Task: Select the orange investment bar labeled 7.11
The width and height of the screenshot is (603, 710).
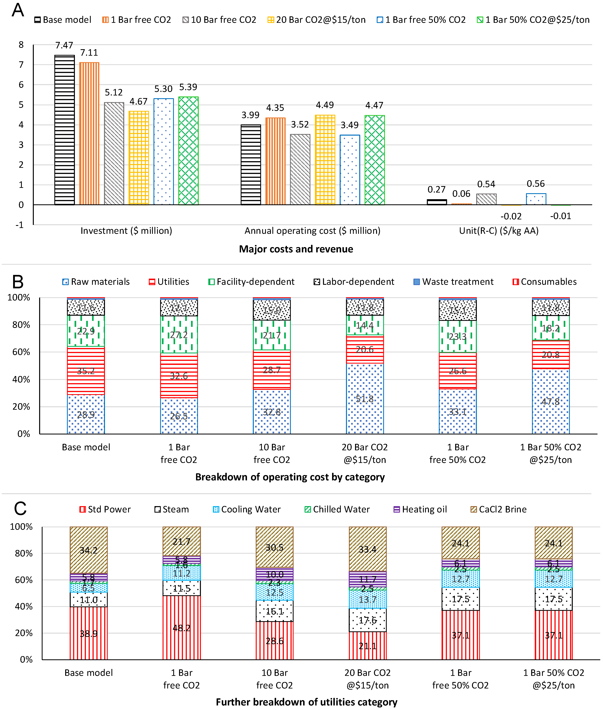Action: coord(89,133)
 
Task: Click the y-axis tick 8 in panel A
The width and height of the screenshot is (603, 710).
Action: coord(21,45)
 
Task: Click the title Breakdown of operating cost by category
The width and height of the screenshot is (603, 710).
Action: coord(290,477)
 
